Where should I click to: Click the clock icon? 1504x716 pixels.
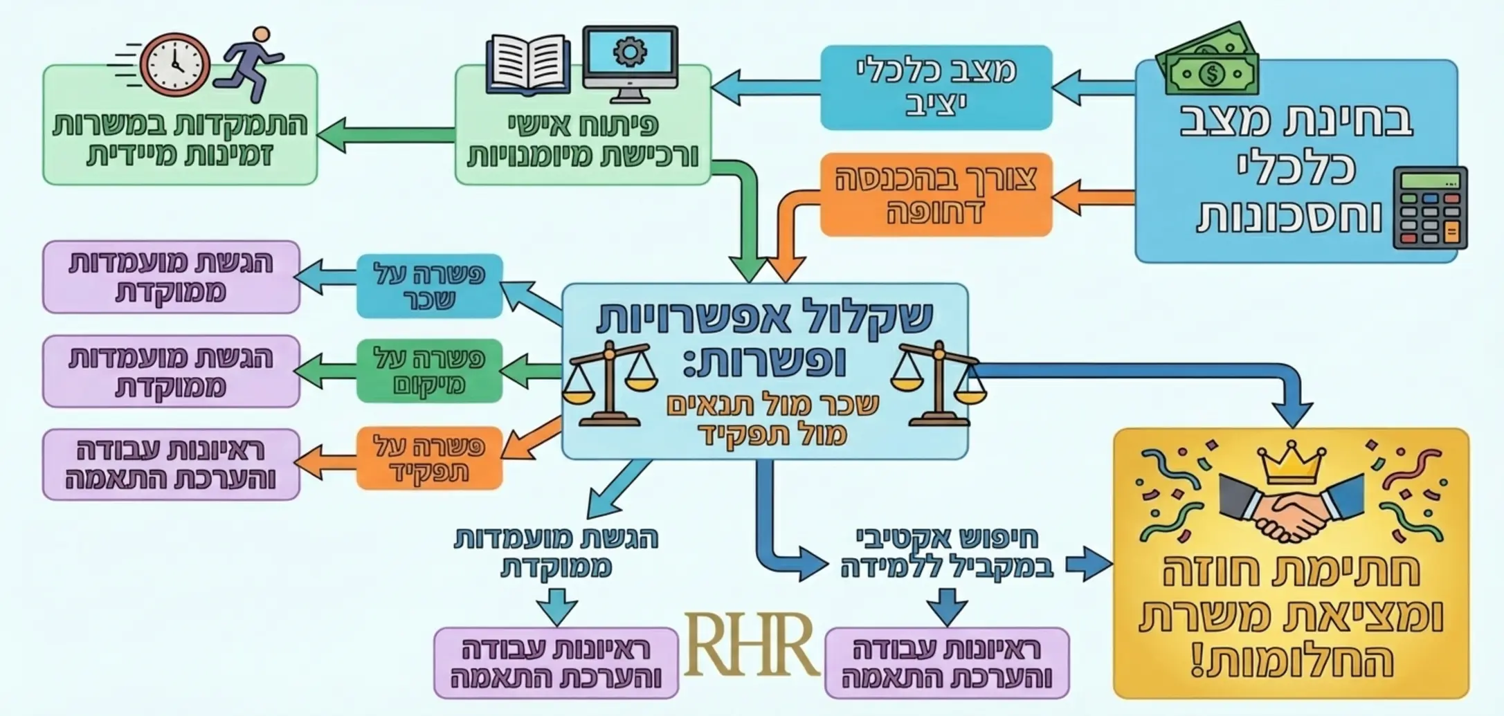point(174,64)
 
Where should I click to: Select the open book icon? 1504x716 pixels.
point(529,66)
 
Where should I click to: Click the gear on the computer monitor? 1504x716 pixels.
point(630,52)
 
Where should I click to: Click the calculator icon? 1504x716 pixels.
point(1429,208)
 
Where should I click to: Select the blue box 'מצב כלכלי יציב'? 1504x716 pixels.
point(936,87)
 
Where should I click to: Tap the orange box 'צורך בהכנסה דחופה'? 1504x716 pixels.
point(936,195)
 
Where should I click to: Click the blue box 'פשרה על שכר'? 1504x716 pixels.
point(429,286)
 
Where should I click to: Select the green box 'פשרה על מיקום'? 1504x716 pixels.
point(429,371)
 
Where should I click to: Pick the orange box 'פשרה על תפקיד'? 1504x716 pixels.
point(429,458)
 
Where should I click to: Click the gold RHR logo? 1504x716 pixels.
point(751,645)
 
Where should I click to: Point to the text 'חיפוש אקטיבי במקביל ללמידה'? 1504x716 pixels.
point(947,553)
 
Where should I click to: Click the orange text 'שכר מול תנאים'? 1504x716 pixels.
point(772,405)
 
